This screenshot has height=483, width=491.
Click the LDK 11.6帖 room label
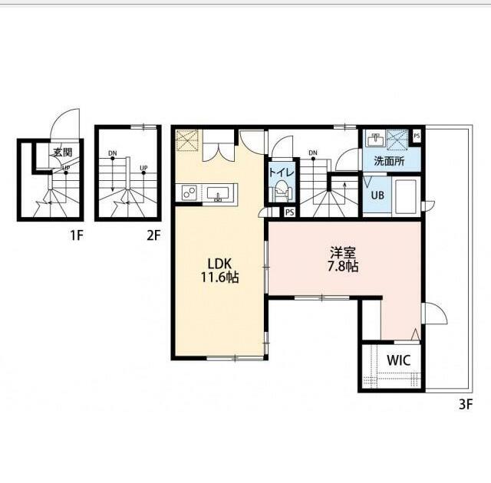click(x=219, y=271)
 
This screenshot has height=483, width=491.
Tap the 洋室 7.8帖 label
click(x=343, y=259)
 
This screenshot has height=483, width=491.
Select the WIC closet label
click(x=399, y=360)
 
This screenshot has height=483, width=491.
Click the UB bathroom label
click(x=377, y=195)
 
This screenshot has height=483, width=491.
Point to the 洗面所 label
click(x=389, y=161)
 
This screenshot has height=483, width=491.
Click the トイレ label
click(x=282, y=173)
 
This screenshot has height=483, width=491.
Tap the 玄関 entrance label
click(x=63, y=153)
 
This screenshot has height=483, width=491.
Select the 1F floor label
click(x=77, y=235)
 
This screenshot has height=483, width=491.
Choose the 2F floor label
click(x=153, y=235)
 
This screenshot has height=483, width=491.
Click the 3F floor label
click(x=466, y=405)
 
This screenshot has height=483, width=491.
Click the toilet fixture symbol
click(x=282, y=191)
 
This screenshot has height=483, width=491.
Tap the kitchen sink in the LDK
click(x=218, y=194)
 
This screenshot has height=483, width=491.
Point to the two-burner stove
click(x=189, y=192)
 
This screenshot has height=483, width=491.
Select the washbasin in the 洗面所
click(x=375, y=140)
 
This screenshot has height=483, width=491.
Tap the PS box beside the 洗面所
click(x=417, y=136)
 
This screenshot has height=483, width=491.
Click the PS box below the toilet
click(x=290, y=212)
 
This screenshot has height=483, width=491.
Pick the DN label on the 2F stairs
click(x=113, y=153)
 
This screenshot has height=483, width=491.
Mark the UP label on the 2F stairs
click(x=143, y=168)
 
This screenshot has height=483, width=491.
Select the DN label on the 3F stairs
click(x=313, y=153)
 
